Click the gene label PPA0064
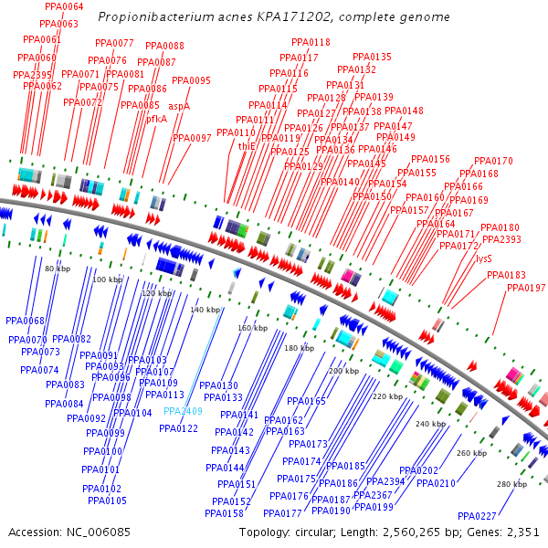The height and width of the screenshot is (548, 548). (x=63, y=6)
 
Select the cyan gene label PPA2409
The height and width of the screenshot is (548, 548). (x=184, y=411)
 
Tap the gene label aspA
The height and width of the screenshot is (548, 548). (x=179, y=106)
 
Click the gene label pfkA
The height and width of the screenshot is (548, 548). (x=156, y=119)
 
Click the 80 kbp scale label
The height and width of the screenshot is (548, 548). (x=58, y=269)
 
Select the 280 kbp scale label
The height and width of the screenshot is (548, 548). (x=511, y=485)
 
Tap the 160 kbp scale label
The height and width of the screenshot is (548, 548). (x=253, y=328)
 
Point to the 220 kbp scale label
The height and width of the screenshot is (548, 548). (x=388, y=397)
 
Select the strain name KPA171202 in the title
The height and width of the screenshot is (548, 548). (x=288, y=17)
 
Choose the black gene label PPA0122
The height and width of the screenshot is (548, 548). (x=178, y=428)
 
